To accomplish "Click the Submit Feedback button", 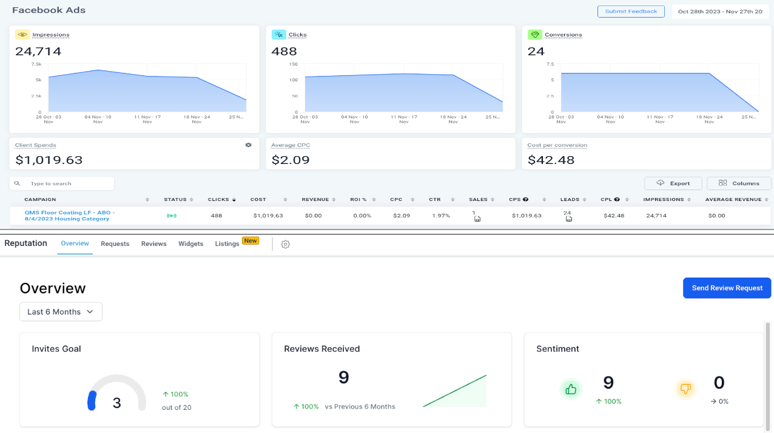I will (x=631, y=12).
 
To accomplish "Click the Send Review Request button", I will (x=727, y=288).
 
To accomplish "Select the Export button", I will (x=673, y=183).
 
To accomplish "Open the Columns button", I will (x=739, y=183).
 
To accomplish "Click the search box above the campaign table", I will (x=67, y=183).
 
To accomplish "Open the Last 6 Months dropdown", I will (x=61, y=312).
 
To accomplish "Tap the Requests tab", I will (x=115, y=244).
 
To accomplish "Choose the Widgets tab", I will (x=190, y=244).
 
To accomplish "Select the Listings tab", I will (x=227, y=244).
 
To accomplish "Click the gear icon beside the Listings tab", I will (x=286, y=244).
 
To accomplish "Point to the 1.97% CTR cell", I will (x=440, y=216).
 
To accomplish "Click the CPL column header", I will (x=606, y=199).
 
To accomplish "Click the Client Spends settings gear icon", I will (x=248, y=145).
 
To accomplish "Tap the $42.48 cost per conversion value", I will (x=550, y=160).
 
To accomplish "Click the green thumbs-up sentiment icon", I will (x=571, y=389).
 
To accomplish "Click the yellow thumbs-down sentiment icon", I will (x=686, y=389).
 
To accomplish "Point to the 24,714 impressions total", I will (x=38, y=52).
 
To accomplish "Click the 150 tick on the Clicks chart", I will (x=294, y=64).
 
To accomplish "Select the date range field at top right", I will (x=720, y=12).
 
